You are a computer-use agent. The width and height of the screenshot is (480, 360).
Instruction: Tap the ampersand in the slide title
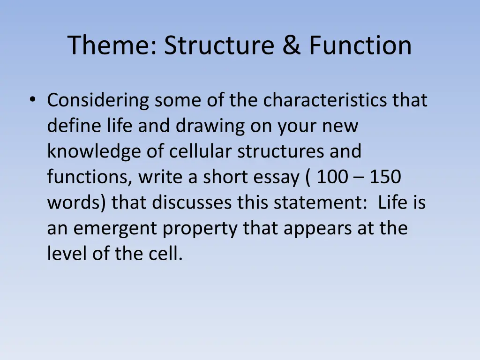tap(292, 45)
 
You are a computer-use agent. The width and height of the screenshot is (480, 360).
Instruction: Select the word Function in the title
tap(360, 45)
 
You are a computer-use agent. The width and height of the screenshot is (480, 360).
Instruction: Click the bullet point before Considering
tap(32, 100)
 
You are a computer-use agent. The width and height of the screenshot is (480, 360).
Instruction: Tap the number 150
tap(385, 177)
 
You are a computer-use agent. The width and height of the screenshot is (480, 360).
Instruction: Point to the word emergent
tap(116, 228)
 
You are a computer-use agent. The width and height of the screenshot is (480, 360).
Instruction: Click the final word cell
tap(167, 254)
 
